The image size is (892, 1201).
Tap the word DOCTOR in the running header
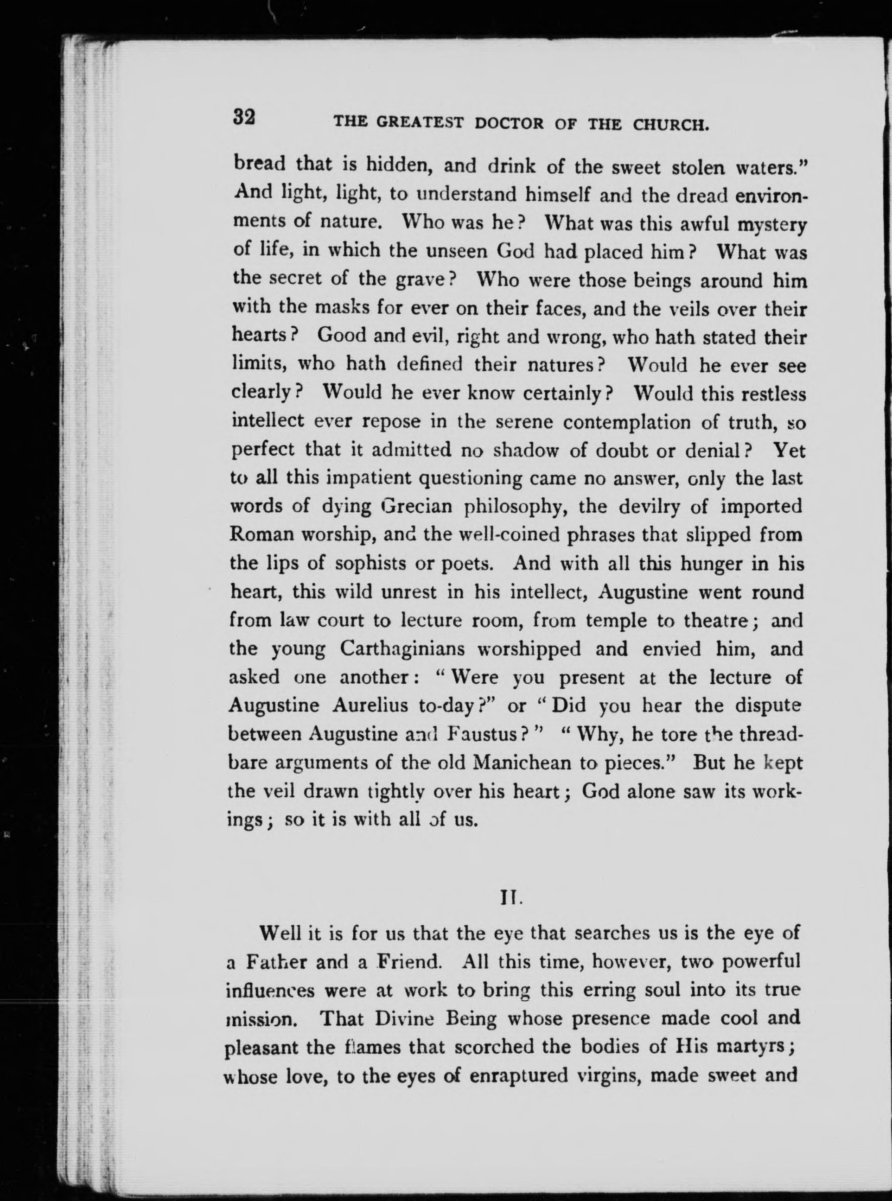509,124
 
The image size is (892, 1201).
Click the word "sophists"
368,564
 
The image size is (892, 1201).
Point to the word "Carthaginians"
402,648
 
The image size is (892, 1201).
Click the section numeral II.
510,899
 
